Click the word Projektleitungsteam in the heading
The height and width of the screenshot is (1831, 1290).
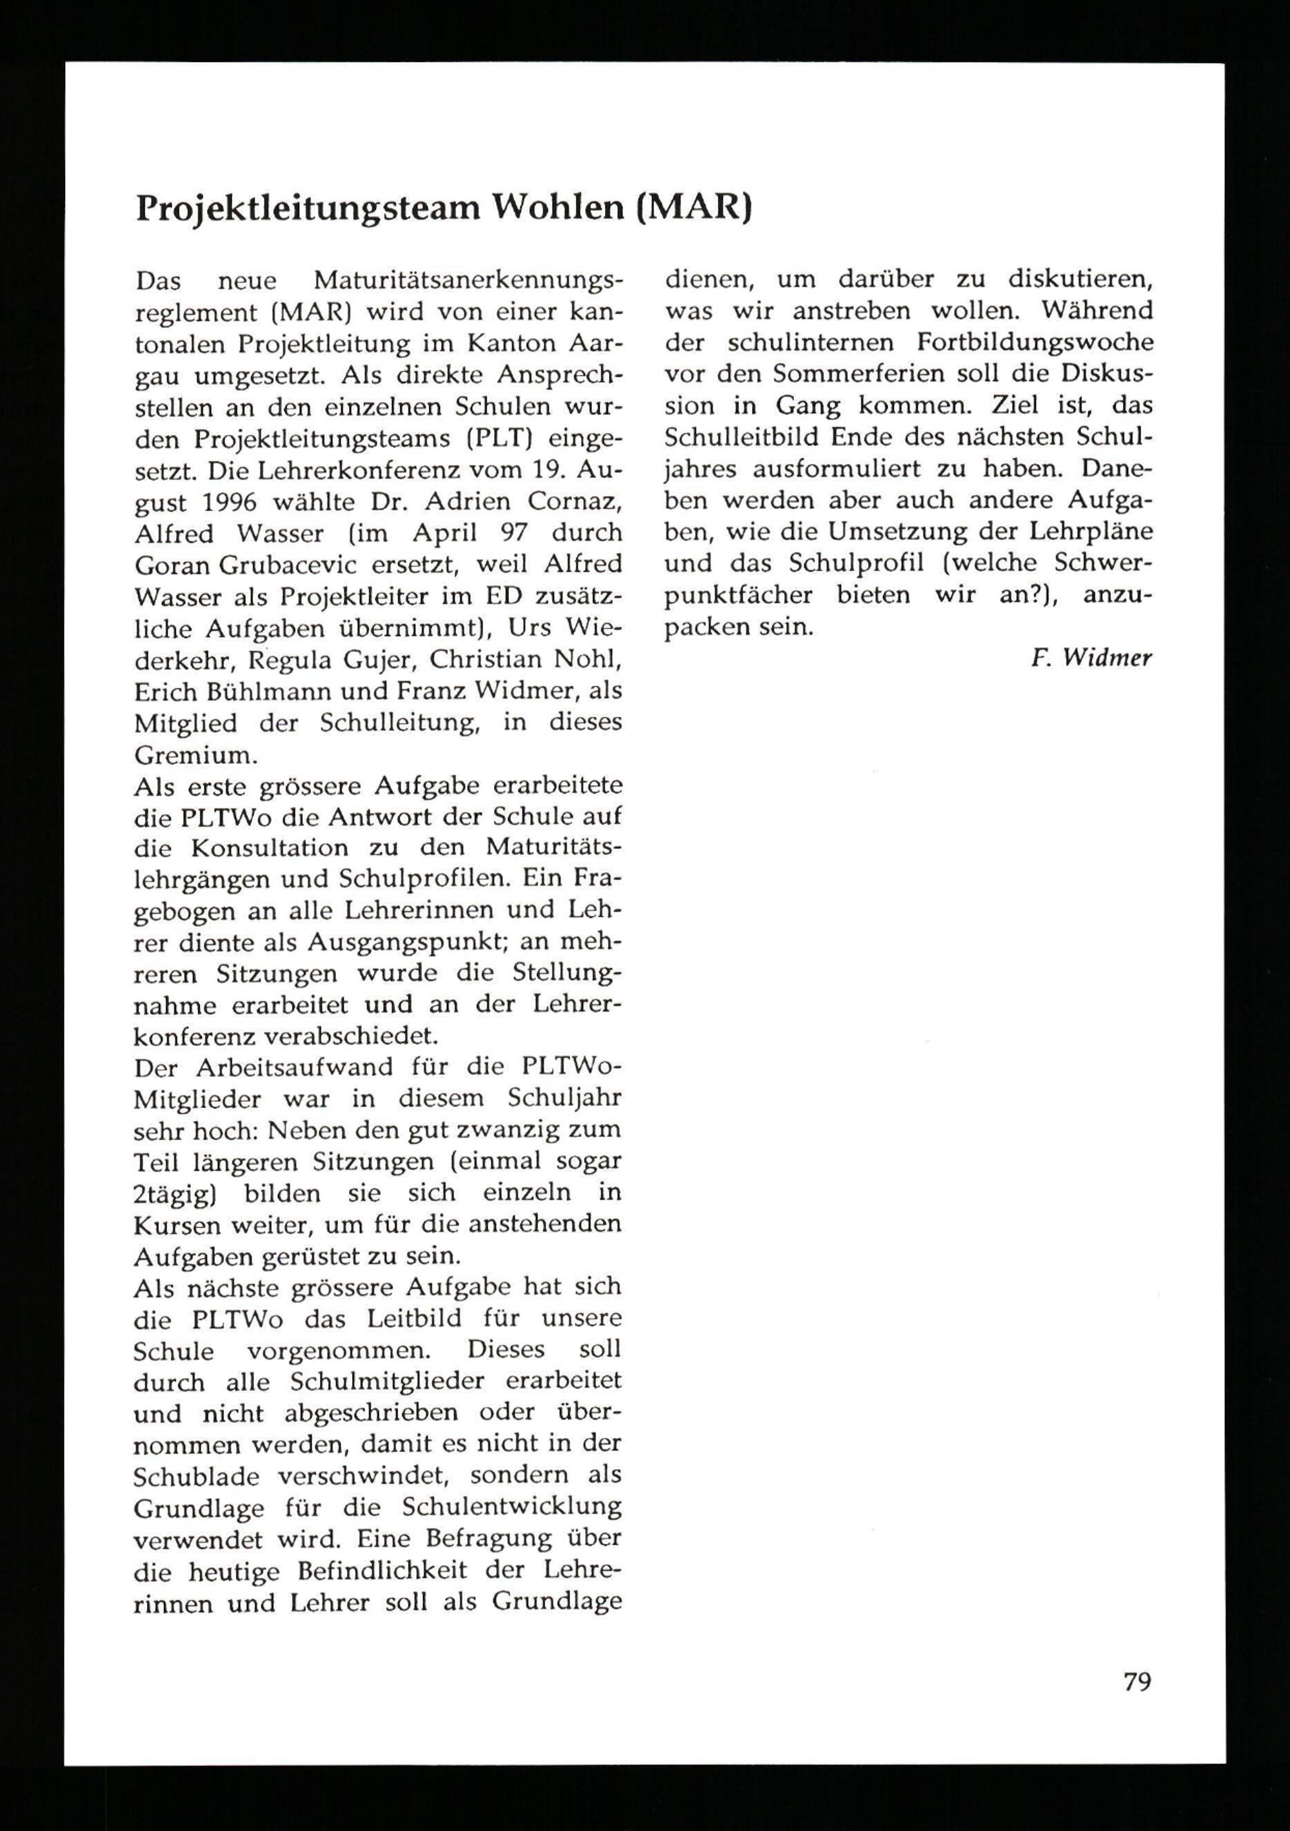(307, 210)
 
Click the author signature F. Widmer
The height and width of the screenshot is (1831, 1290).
(1091, 658)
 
